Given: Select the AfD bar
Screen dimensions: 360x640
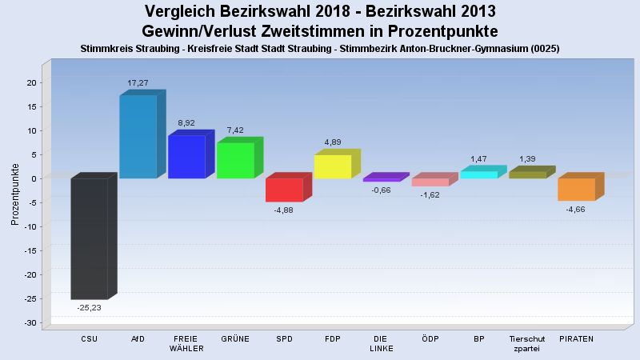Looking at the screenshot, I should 138,137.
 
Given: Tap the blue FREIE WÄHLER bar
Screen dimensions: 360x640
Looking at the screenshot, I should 186,157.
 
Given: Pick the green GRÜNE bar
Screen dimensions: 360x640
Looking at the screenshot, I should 235,160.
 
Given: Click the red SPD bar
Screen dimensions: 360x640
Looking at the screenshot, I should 284,190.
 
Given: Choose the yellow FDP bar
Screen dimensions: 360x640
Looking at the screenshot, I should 333,166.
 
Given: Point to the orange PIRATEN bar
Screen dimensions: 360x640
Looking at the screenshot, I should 576,189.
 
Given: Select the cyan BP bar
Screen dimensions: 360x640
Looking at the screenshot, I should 478,174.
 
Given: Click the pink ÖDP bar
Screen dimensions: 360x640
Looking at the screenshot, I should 430,182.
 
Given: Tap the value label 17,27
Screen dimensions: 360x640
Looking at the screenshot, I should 138,82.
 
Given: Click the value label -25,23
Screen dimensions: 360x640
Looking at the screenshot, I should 89,307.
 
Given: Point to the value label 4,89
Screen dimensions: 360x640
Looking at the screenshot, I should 333,142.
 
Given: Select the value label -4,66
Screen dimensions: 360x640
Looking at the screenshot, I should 576,210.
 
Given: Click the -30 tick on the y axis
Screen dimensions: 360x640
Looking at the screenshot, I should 31,322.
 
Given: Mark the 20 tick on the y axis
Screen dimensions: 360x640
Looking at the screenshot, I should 31,82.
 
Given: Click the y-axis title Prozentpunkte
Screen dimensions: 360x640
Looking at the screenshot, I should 15,194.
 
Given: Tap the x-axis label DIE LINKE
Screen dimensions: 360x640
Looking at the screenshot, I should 382,343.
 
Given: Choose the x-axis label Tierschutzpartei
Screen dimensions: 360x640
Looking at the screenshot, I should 526,343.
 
